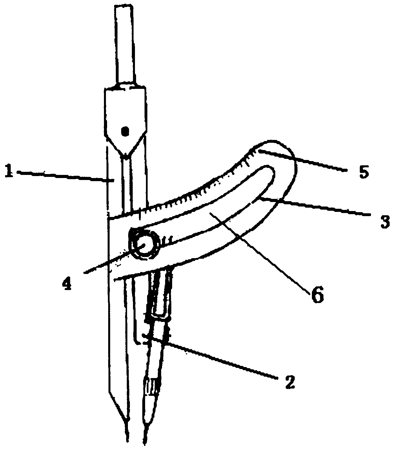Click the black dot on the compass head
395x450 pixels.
pos(125,131)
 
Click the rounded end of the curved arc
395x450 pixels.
pos(282,158)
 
